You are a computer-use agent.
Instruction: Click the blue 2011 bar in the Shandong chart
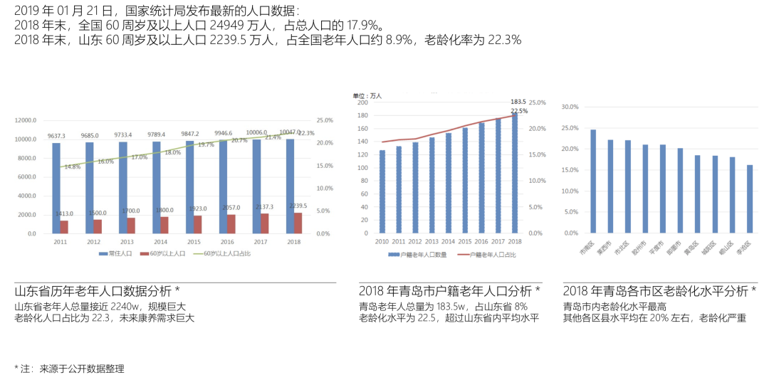56,188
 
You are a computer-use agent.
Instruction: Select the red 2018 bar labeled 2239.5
298,223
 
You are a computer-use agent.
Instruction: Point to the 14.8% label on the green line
72,167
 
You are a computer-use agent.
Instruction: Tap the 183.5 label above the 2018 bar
518,102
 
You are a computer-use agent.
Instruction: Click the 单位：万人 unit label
367,95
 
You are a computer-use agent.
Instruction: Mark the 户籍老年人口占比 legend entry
488,254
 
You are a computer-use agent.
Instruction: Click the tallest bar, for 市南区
593,181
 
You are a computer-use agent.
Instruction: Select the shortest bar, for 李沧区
750,199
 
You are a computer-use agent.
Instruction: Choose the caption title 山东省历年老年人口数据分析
93,291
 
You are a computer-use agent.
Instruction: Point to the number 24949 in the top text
226,25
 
